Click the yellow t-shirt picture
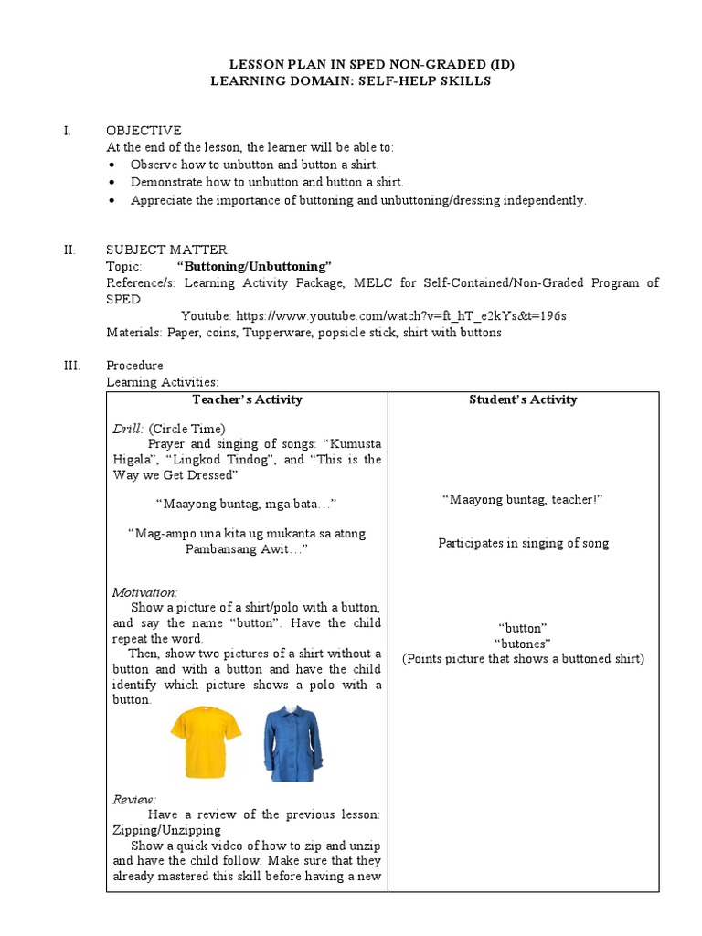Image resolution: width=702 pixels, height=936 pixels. (x=206, y=739)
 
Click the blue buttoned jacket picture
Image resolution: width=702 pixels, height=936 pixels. (x=292, y=742)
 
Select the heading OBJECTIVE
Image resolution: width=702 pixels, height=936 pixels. (x=144, y=131)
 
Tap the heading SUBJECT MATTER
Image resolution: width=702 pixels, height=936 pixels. (x=166, y=250)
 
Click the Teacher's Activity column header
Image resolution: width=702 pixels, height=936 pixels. (x=247, y=399)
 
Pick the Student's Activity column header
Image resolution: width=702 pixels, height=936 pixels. (x=523, y=399)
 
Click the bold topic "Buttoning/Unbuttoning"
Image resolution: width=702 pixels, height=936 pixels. (x=254, y=266)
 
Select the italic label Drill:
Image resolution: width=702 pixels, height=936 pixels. (x=128, y=429)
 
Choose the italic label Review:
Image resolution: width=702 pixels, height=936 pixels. (x=134, y=799)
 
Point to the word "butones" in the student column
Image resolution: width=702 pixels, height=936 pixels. (x=523, y=643)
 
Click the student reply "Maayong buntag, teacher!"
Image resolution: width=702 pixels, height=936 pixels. (x=523, y=499)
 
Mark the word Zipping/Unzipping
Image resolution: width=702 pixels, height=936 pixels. (x=166, y=830)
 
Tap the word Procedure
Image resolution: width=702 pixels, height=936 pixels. (x=134, y=366)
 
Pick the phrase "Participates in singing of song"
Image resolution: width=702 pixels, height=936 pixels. (x=523, y=543)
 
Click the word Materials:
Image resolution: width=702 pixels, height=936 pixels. (x=134, y=333)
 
